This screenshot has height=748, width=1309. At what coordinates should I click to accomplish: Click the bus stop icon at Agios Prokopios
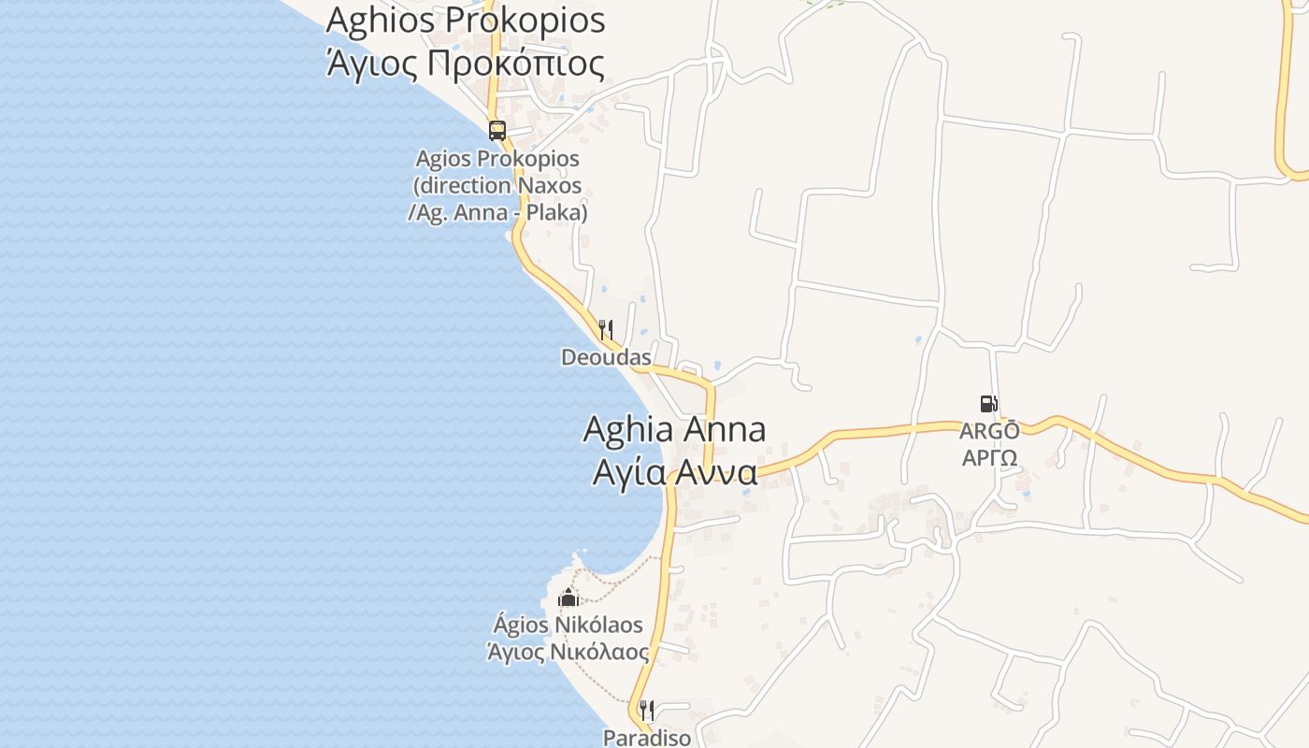[497, 131]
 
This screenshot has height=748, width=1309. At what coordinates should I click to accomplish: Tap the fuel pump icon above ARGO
[988, 404]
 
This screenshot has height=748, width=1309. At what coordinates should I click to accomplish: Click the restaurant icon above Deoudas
[606, 329]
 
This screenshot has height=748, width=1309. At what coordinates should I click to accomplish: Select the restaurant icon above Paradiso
[647, 711]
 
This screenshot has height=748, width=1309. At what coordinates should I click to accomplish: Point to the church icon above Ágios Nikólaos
[568, 597]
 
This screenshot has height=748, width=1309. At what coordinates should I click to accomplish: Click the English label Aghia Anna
[674, 429]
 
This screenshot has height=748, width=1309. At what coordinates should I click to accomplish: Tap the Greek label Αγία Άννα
[674, 472]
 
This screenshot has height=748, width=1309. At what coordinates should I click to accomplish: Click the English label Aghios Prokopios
[465, 20]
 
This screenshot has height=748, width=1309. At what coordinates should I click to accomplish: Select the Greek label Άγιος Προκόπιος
[465, 63]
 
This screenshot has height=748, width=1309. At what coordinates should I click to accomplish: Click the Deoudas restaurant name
[606, 357]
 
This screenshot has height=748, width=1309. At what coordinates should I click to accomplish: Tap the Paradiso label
[647, 738]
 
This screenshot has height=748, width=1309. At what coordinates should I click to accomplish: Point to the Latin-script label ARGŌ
[989, 431]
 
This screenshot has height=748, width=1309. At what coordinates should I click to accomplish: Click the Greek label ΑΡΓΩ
[989, 458]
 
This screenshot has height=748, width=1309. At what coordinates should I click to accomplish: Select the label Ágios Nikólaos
[568, 624]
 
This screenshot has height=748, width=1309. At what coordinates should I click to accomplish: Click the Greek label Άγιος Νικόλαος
[568, 651]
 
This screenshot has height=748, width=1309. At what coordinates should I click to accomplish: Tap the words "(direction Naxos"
[497, 185]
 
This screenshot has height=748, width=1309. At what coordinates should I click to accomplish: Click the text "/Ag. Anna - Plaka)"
[497, 212]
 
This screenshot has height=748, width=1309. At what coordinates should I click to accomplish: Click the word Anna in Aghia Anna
[726, 429]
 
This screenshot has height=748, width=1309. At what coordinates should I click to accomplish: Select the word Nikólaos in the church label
[599, 624]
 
